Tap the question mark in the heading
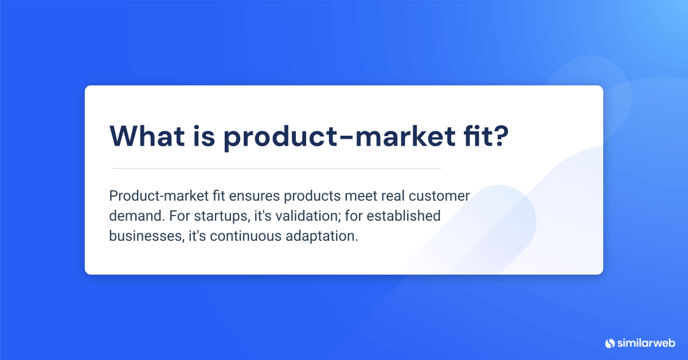pos(498,135)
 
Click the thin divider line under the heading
pos(276,168)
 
